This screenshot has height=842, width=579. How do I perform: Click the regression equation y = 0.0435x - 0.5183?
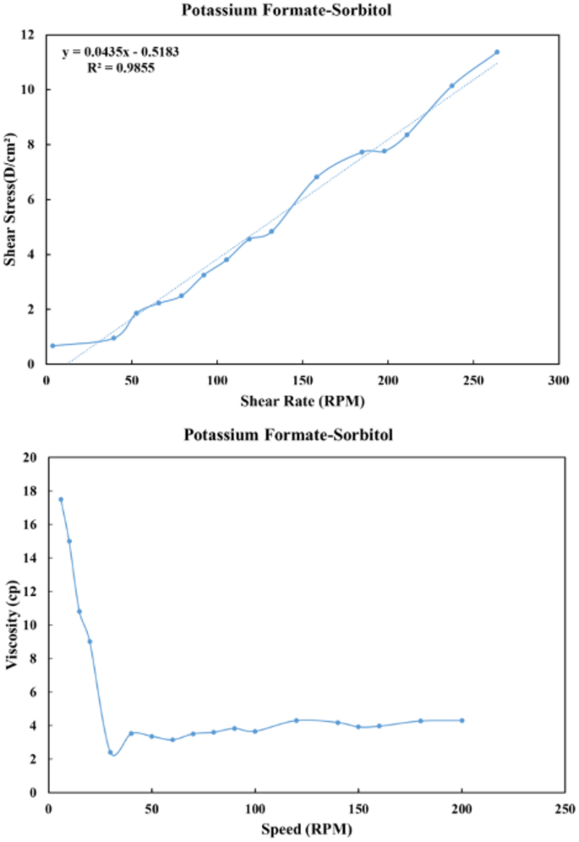121,52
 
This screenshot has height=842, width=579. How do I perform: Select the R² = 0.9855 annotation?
121,67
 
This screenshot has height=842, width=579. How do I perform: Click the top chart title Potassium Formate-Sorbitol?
289,11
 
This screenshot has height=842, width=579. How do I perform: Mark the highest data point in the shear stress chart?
497,52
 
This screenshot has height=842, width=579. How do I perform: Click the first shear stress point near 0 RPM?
52,346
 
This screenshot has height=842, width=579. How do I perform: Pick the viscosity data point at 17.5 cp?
60,500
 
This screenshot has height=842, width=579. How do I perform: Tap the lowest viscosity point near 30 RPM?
110,752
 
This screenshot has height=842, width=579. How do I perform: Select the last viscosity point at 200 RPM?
462,720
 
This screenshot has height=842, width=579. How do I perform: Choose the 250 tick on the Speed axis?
565,807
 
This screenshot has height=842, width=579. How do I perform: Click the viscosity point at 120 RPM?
296,720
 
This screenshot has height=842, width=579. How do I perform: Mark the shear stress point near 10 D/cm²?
452,85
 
